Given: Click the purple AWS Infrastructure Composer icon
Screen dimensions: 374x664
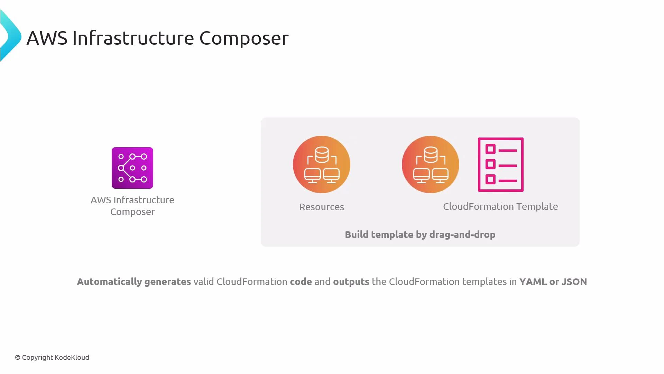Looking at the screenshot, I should (132, 168).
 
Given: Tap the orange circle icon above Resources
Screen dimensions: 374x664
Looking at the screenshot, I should (321, 164).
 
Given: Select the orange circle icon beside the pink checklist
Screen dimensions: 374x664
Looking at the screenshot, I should (430, 164).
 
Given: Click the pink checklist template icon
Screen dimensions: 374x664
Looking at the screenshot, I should (500, 164).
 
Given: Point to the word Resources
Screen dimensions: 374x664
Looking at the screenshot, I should (321, 207).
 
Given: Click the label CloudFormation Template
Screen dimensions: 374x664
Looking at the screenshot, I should (500, 206).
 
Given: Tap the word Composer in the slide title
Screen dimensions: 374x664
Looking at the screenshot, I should (243, 38).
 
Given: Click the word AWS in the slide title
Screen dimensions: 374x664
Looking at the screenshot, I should (47, 38).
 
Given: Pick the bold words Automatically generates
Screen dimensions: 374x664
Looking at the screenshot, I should (133, 282).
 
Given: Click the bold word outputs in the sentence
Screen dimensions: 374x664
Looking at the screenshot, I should (351, 282).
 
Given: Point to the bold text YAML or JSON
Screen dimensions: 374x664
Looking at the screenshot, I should (553, 282).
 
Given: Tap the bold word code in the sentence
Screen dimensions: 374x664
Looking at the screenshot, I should (301, 282).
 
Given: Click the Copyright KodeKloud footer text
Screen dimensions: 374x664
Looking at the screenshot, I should (52, 357).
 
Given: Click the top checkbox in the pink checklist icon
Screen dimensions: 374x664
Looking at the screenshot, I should (490, 149).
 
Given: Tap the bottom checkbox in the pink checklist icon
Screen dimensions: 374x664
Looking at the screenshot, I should (490, 179).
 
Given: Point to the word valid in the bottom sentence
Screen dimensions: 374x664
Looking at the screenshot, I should (203, 282).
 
